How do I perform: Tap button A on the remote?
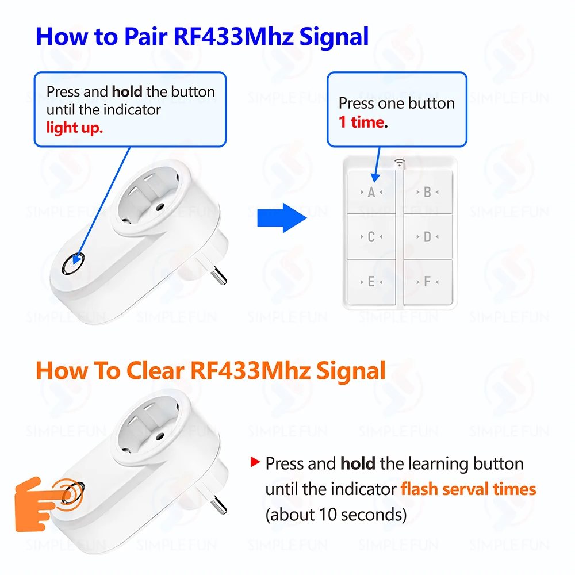click(x=371, y=192)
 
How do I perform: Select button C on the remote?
click(x=371, y=236)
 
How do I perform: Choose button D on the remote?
click(x=428, y=236)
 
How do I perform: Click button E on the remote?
click(x=371, y=282)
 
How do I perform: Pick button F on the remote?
click(x=428, y=282)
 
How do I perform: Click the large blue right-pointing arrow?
click(x=282, y=218)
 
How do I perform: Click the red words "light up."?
click(x=74, y=128)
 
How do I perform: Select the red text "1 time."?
click(x=363, y=122)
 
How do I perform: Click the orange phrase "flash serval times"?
click(x=468, y=489)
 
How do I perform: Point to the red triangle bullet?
click(x=255, y=462)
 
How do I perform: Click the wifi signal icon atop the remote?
click(x=400, y=163)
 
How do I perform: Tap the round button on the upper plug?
click(x=74, y=263)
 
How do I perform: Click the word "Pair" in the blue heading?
click(x=146, y=37)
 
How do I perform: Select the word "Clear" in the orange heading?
click(x=155, y=370)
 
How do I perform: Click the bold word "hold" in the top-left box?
click(x=127, y=91)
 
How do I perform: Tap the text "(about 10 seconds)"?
click(x=336, y=515)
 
